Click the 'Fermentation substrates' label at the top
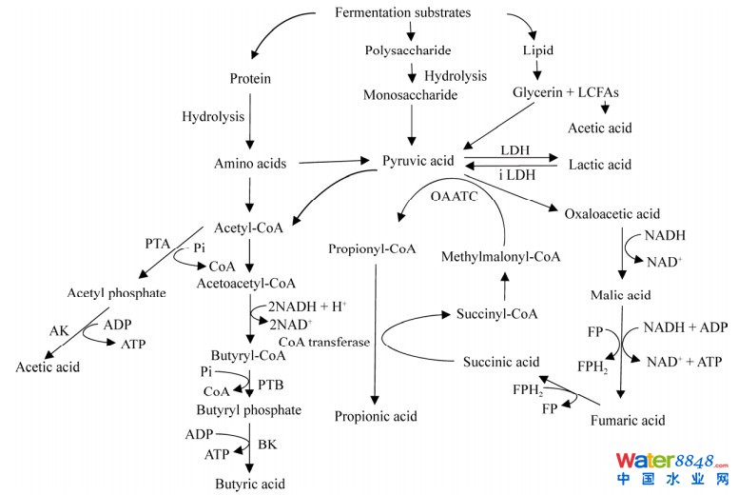click(402, 12)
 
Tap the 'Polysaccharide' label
click(407, 49)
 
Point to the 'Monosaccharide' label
click(410, 95)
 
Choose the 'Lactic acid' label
click(599, 165)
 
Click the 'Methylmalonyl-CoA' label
click(501, 257)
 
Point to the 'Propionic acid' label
click(376, 416)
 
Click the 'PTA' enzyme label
click(158, 245)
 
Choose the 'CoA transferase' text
click(323, 342)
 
